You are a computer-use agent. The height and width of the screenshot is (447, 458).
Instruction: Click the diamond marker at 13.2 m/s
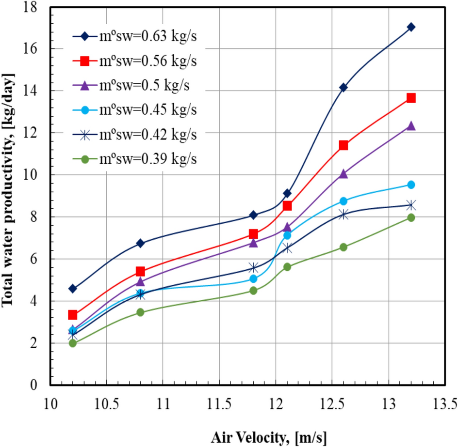click(x=411, y=27)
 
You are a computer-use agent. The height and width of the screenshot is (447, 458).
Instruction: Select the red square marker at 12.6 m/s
click(x=343, y=145)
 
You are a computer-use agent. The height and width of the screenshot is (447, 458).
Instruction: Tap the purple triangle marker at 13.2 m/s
click(x=411, y=126)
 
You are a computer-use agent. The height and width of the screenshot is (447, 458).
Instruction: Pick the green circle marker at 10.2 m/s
click(x=73, y=343)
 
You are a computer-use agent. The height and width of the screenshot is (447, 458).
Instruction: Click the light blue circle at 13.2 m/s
click(x=411, y=185)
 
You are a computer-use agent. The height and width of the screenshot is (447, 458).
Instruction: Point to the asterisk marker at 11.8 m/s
click(x=253, y=268)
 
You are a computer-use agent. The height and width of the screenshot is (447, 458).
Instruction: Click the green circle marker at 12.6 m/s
click(x=343, y=247)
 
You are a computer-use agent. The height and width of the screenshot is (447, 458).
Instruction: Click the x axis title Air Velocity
click(x=269, y=437)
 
